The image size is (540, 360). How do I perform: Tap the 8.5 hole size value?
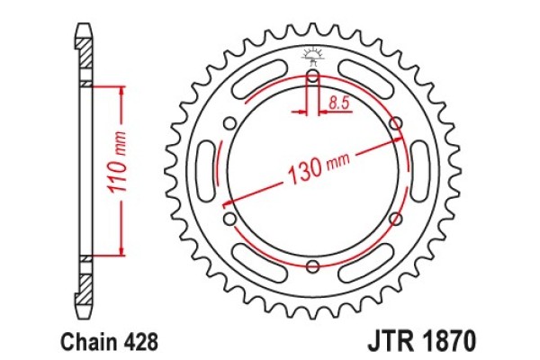[x=338, y=104]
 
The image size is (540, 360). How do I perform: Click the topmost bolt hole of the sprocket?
[x=312, y=78]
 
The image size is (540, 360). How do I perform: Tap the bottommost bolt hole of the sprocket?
[x=312, y=265]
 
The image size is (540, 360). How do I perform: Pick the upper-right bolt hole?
[x=394, y=124]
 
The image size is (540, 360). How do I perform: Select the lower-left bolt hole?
[x=230, y=219]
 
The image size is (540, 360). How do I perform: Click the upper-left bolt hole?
[x=230, y=124]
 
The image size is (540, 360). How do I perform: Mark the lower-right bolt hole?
[x=394, y=219]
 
